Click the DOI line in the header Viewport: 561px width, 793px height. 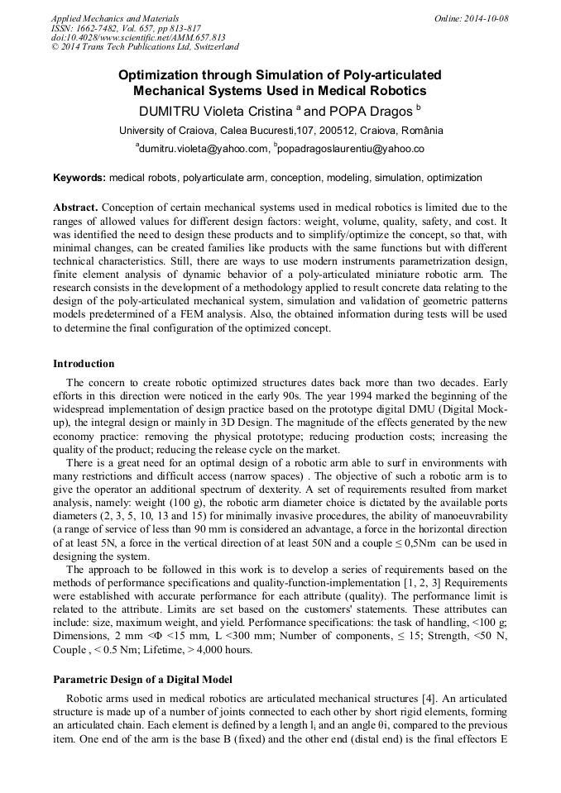(138, 36)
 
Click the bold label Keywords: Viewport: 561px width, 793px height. (79, 178)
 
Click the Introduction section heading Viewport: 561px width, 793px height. (84, 364)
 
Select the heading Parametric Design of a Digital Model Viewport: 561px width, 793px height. (143, 680)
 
